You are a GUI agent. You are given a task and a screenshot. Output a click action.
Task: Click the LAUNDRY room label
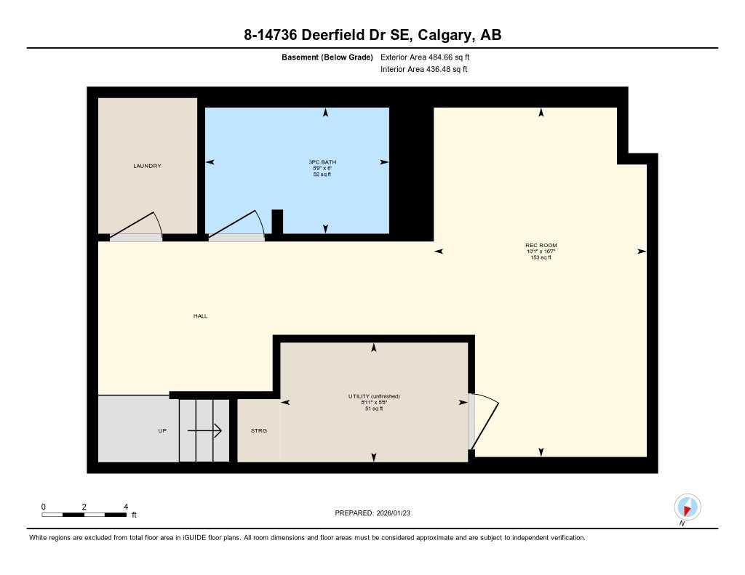(x=147, y=166)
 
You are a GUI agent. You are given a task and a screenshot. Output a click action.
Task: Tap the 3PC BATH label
(x=322, y=161)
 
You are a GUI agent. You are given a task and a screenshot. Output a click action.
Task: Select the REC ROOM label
(x=541, y=245)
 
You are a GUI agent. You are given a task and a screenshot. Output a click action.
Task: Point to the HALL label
(x=200, y=316)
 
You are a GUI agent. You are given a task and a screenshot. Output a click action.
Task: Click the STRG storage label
(x=259, y=430)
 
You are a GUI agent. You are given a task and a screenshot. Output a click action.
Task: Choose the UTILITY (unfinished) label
(x=374, y=396)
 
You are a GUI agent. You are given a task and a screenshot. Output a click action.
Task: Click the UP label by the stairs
(x=162, y=430)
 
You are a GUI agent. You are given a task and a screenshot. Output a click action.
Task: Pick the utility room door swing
(x=484, y=422)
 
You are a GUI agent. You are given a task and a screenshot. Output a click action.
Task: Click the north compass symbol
(x=687, y=506)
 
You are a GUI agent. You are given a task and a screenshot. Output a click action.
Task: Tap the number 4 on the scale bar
(x=126, y=506)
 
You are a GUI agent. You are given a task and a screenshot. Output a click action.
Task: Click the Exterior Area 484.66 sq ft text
(x=426, y=57)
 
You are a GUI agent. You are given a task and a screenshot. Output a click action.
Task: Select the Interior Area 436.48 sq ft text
(x=423, y=70)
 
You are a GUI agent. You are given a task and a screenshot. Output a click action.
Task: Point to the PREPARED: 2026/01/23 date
(x=372, y=513)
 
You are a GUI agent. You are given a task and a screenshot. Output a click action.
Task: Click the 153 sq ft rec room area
(x=541, y=257)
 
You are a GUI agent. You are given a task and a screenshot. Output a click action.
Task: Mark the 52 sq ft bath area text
(x=322, y=174)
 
